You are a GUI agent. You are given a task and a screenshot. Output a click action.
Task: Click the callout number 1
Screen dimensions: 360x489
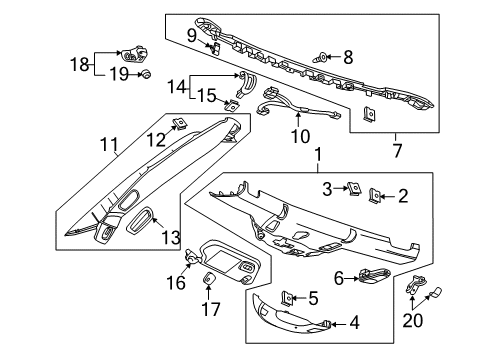coord(318,156)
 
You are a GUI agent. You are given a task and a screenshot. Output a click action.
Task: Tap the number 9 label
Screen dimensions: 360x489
coord(190,35)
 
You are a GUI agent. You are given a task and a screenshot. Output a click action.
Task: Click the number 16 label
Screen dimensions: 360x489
coord(177,283)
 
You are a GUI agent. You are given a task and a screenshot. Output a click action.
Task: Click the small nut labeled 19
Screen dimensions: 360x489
coord(145,73)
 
